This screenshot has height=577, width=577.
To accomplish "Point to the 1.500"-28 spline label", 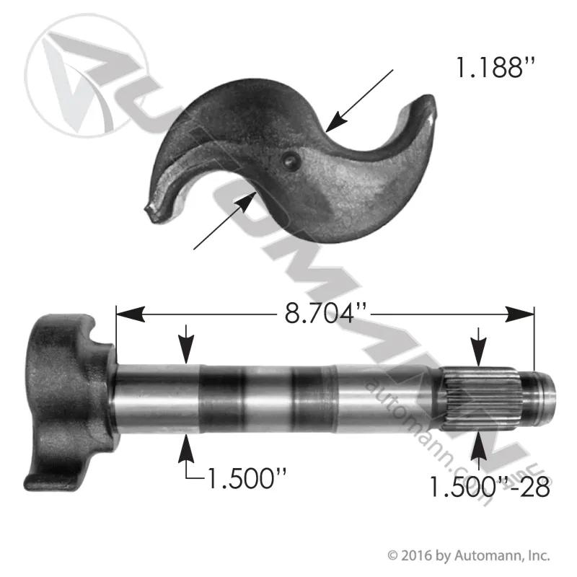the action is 490,488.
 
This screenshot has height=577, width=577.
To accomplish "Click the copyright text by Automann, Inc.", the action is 469,555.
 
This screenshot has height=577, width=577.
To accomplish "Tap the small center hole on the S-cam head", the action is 291,160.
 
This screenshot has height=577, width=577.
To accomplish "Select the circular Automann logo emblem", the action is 87,76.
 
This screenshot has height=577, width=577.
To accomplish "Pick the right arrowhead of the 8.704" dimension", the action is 519,314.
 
